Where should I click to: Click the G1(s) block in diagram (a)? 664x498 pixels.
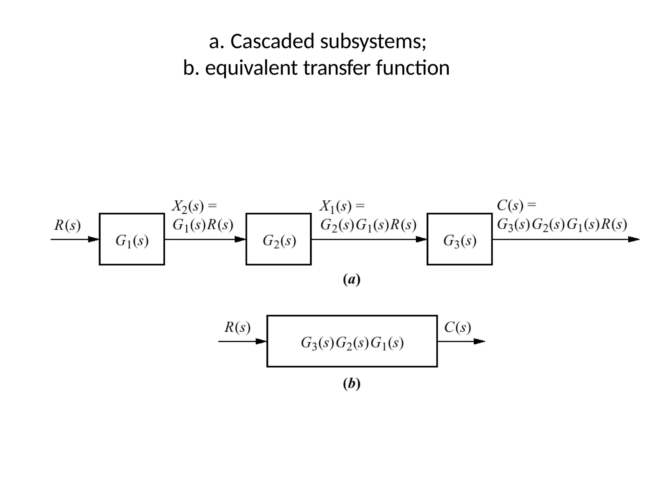coord(132,239)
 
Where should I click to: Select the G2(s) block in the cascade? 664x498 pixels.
coord(279,239)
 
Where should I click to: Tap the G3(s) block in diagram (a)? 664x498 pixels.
coord(459,239)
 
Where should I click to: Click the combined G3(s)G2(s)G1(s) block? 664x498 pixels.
coord(352,341)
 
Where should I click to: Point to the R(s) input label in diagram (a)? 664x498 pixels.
coord(67,225)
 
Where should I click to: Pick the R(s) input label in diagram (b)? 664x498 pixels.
coord(237,327)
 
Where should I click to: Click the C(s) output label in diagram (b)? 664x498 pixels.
coord(457,327)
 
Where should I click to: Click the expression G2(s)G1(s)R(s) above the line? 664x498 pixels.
coord(368,225)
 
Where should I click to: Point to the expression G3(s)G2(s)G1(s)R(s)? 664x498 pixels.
coord(562,224)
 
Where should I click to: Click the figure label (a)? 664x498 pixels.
coord(352,279)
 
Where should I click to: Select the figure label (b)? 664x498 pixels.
coord(352,384)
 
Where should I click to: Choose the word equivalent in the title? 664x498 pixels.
coord(251,68)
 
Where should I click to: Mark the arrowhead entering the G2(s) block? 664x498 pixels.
coord(240,240)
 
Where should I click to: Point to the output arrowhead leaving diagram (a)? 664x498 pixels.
coord(634,240)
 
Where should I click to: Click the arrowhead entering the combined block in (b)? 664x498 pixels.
coord(261,341)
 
